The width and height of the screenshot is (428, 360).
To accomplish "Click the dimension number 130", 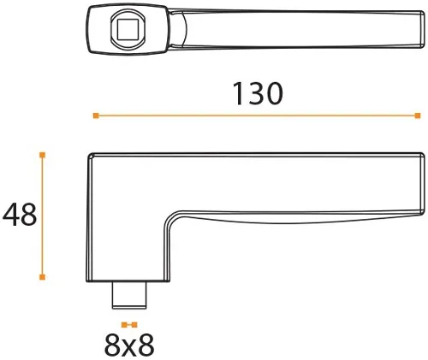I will [257, 93].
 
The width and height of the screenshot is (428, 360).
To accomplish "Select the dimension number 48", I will [18, 215].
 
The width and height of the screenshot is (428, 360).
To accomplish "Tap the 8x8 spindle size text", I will [129, 345].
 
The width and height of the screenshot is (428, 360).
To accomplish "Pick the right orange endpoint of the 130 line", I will [417, 115].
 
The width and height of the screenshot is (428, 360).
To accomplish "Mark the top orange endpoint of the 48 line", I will [42, 155].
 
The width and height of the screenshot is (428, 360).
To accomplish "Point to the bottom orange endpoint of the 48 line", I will [42, 277].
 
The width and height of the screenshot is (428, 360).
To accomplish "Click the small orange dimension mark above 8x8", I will [129, 325].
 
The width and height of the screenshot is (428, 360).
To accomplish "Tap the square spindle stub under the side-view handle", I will [129, 295].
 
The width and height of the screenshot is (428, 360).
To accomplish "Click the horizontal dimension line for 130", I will [257, 115].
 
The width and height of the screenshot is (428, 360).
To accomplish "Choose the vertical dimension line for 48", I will [42, 215].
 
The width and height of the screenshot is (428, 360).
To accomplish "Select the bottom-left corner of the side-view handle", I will [91, 279].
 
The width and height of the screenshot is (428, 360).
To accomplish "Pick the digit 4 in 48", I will [9, 215].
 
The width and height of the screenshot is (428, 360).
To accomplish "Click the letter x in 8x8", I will [129, 346].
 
